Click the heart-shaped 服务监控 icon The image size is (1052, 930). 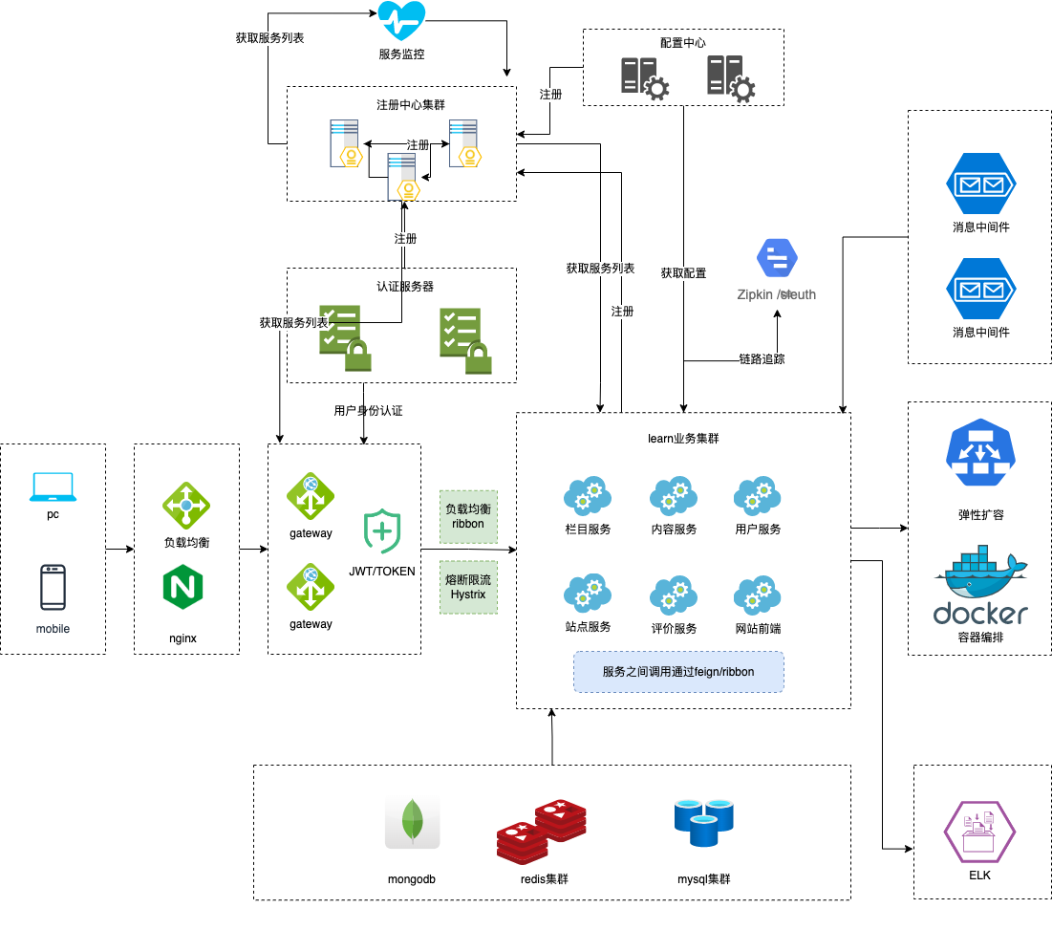[x=401, y=21]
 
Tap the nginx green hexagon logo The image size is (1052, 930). [x=186, y=587]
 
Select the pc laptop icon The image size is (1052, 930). [x=53, y=487]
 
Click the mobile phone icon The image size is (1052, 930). [x=53, y=587]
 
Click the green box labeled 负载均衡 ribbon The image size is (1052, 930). [x=468, y=517]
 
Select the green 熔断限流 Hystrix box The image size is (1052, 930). [x=468, y=587]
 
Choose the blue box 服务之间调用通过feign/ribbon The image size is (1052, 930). [x=678, y=672]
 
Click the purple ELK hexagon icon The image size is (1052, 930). [x=979, y=832]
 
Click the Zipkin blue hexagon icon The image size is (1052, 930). [x=777, y=257]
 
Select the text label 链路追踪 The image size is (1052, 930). [x=762, y=359]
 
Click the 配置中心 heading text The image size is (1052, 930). [x=683, y=43]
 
